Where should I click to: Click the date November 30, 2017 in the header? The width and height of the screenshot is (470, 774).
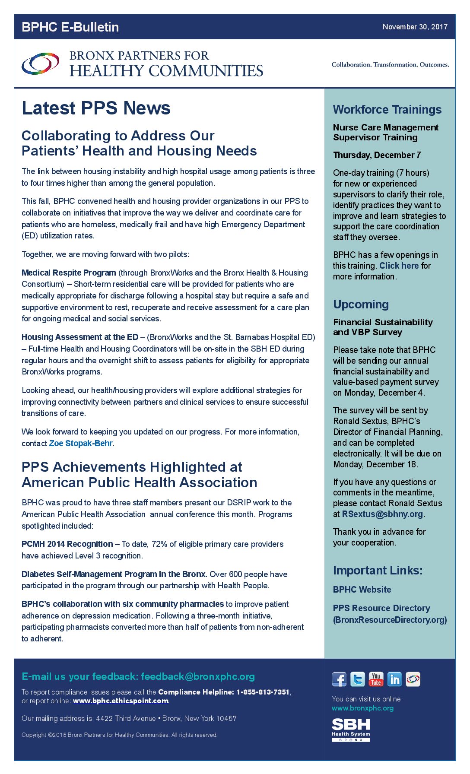[415, 27]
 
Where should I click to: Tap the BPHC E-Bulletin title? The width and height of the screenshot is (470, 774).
[70, 27]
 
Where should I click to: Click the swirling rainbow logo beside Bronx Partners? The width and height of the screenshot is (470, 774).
[41, 64]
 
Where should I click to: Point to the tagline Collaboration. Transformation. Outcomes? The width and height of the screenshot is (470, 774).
[390, 65]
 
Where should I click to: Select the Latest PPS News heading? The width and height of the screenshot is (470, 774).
[96, 108]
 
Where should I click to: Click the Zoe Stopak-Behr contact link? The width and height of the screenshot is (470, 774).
[81, 444]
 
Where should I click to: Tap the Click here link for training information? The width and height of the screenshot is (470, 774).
[399, 266]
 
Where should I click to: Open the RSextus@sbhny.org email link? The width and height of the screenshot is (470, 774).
[382, 514]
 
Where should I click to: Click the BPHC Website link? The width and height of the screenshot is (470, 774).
[362, 590]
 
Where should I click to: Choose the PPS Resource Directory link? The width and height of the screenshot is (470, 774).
[382, 608]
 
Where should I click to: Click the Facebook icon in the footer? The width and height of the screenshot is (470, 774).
[339, 679]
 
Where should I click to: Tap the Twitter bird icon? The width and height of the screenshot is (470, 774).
[357, 679]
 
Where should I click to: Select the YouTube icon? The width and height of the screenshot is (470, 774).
[376, 679]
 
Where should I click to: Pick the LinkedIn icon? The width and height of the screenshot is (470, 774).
[394, 679]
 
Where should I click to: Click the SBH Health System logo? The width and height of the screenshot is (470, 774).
[351, 730]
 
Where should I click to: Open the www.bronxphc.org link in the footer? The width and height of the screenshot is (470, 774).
[362, 708]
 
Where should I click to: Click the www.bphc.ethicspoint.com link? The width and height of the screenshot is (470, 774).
[121, 701]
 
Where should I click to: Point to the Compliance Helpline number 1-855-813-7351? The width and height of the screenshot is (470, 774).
[263, 692]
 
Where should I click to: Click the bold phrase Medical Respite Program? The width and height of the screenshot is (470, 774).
[69, 273]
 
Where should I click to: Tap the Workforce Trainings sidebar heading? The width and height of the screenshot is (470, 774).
[387, 110]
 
